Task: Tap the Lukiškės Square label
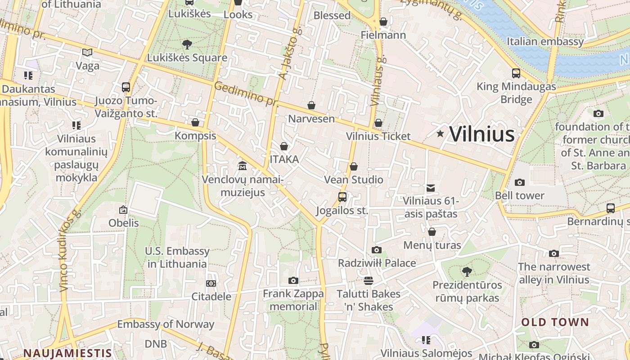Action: [187, 58]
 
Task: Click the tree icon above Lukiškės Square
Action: [187, 44]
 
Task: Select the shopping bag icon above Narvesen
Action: [311, 105]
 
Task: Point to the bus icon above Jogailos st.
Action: [342, 197]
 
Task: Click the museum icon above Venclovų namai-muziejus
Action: [243, 166]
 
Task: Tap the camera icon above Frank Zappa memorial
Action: [293, 280]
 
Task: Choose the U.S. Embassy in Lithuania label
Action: [177, 257]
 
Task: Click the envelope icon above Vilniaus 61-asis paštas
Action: [431, 188]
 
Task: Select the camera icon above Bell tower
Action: [519, 182]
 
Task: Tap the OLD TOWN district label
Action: [555, 322]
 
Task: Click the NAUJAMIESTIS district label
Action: [67, 353]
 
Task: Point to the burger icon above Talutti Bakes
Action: [368, 281]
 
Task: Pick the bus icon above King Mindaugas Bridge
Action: [516, 73]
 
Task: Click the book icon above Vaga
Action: [87, 52]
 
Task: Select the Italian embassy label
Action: [545, 42]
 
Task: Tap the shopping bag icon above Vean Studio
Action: [354, 166]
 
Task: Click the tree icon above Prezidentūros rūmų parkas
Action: [467, 271]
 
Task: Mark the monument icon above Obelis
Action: [123, 209]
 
